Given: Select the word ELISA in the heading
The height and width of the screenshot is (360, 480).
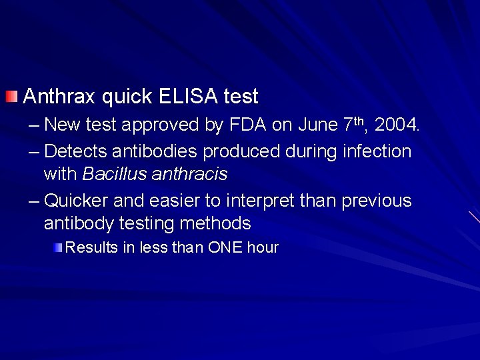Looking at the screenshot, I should pyautogui.click(x=188, y=97).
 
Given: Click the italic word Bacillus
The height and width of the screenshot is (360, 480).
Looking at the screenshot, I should pyautogui.click(x=108, y=175).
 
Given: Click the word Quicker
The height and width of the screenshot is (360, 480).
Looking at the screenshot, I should pyautogui.click(x=79, y=200).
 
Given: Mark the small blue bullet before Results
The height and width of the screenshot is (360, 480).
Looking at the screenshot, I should pyautogui.click(x=59, y=248).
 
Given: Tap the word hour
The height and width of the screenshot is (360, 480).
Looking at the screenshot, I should pyautogui.click(x=263, y=248).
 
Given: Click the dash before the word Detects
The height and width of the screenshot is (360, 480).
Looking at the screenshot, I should pyautogui.click(x=33, y=151).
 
